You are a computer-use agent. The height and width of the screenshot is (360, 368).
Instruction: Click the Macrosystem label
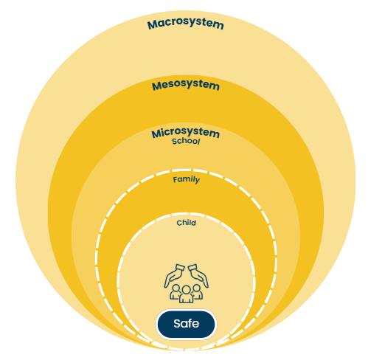186,24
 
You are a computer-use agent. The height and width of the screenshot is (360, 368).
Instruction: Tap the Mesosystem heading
186,85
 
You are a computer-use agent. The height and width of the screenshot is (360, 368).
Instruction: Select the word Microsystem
185,133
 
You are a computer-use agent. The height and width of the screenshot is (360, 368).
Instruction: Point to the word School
186,142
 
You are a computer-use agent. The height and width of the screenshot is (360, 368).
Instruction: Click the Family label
187,180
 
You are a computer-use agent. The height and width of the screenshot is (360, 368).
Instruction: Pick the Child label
187,223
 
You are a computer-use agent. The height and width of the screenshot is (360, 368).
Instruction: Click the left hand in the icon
174,276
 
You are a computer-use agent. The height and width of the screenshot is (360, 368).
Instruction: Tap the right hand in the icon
198,276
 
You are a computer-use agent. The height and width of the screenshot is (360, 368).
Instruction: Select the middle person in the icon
186,294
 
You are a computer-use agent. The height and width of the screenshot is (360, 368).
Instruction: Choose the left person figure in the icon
175,292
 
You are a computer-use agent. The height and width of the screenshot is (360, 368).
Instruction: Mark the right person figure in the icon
198,292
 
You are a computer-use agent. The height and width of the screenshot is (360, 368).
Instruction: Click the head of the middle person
186,289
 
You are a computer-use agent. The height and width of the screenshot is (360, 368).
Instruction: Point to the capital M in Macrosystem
153,25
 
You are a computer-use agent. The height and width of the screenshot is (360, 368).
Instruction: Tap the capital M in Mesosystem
157,86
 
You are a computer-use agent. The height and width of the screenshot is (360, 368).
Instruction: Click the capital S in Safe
177,324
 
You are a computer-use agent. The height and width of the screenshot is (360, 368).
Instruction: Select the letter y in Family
197,181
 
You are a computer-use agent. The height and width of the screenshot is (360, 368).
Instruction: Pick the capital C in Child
179,223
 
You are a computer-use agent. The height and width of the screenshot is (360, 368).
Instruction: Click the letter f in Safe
190,323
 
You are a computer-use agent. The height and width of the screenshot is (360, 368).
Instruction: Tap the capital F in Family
175,180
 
